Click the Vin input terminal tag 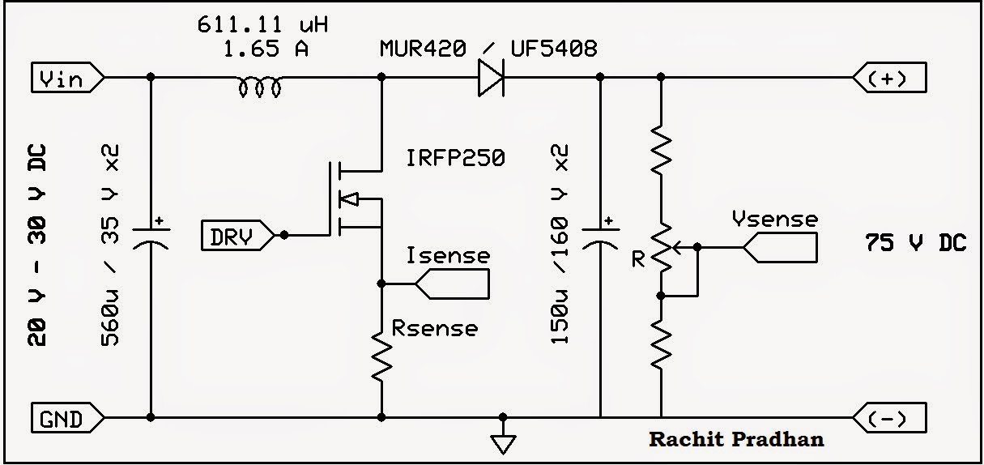[x=68, y=78]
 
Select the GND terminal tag [x=68, y=419]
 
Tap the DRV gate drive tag [x=237, y=236]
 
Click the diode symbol [x=491, y=78]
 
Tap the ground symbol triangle [x=503, y=442]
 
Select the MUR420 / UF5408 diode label [x=488, y=49]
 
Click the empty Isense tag [x=453, y=284]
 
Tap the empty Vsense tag [x=780, y=247]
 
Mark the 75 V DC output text [x=915, y=243]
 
